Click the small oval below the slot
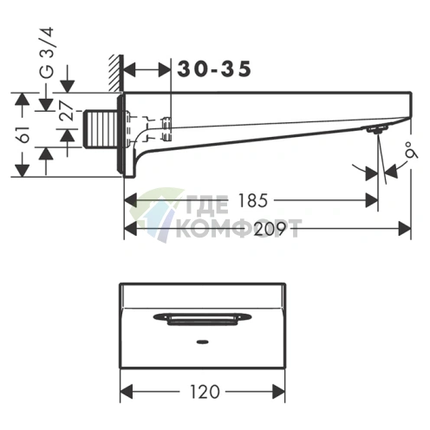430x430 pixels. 202,341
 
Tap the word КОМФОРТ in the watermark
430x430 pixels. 238,228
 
